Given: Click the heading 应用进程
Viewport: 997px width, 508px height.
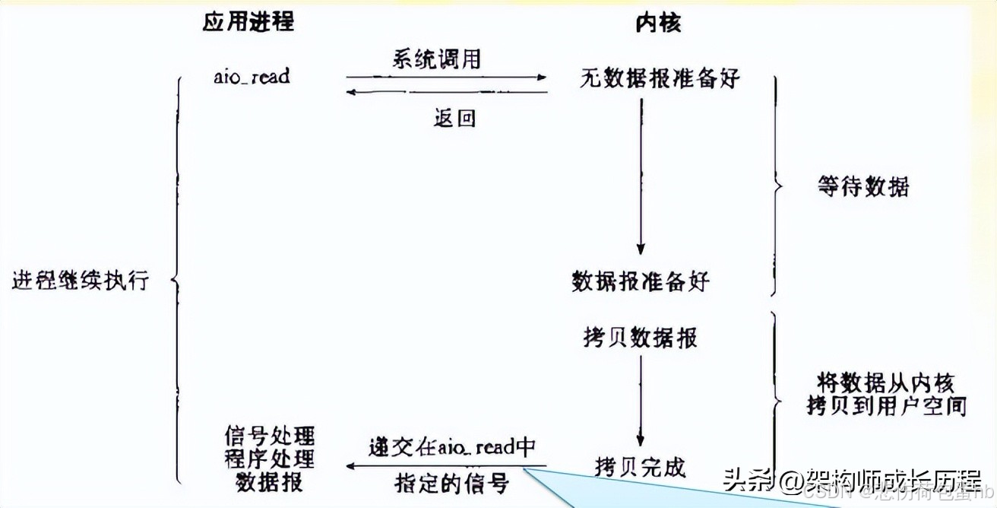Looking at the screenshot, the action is (x=248, y=22).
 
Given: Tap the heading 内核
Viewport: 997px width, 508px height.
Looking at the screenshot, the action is (x=658, y=23).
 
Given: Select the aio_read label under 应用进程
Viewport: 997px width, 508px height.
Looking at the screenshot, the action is (x=252, y=76).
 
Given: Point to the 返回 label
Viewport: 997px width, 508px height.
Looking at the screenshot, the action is (x=454, y=118).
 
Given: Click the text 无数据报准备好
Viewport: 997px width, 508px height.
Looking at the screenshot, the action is (x=659, y=78).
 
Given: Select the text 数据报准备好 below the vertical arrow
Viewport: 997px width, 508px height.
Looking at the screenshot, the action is (x=640, y=281).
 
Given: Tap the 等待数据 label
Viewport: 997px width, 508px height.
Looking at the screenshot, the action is (x=864, y=186).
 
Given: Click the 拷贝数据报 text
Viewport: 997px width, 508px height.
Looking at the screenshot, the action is (x=640, y=337).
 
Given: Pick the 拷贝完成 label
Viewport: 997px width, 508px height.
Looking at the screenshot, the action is (x=640, y=465).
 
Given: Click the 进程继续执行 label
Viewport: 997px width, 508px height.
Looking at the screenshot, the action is (x=81, y=281).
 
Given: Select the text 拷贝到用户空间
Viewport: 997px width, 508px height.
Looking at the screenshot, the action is (x=886, y=407).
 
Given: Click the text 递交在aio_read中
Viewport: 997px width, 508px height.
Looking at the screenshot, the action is (x=453, y=446).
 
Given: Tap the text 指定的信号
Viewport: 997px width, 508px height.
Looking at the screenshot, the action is (x=451, y=482).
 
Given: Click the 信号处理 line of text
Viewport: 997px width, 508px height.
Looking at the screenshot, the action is (x=269, y=437).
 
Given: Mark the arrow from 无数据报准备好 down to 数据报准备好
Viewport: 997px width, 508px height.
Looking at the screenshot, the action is (x=641, y=179).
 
